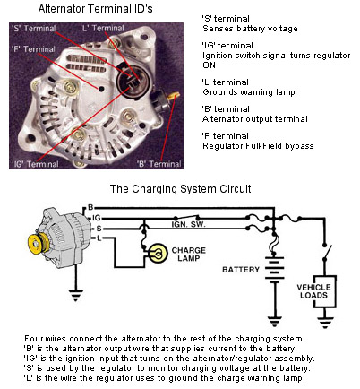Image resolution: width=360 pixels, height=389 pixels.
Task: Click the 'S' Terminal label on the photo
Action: (33, 29)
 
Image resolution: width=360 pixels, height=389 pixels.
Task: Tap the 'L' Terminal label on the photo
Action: (102, 29)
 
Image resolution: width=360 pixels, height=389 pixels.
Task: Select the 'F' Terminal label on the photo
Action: (33, 49)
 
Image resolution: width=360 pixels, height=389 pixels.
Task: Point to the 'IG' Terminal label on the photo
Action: (35, 164)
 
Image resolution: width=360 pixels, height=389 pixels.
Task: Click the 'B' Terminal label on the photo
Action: (159, 164)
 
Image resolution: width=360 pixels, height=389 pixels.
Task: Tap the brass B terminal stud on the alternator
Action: (174, 96)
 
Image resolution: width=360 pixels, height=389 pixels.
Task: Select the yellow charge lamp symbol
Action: (158, 254)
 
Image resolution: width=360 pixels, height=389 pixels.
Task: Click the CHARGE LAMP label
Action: (189, 254)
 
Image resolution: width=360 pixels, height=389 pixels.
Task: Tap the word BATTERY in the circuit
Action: (241, 270)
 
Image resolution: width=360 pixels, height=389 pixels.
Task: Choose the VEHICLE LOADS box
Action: (324, 291)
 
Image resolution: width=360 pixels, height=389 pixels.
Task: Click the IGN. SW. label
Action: (188, 224)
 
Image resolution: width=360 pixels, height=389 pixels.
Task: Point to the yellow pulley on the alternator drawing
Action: (38, 243)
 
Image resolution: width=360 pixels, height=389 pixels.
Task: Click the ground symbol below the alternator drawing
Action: (76, 294)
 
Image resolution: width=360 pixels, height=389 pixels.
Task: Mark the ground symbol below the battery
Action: (275, 321)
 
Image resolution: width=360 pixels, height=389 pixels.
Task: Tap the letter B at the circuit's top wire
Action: (90, 207)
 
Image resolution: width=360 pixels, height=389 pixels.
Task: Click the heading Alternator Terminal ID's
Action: (96, 9)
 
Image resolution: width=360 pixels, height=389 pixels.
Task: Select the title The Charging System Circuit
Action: (181, 189)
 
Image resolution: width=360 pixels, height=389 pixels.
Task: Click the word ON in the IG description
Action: (209, 65)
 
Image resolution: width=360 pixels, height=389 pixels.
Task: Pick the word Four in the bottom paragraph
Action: (34, 339)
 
